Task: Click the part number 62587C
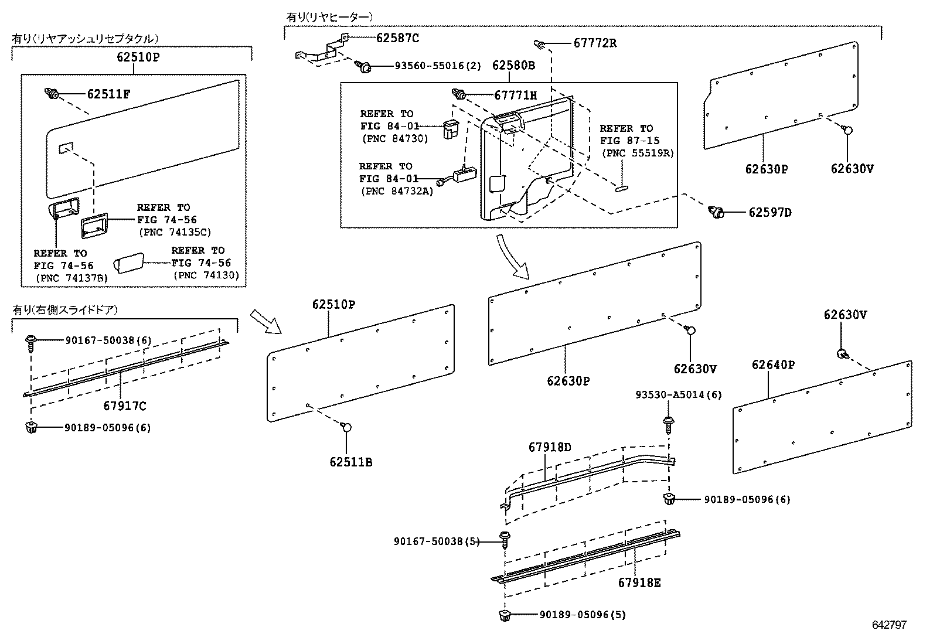tap(397, 38)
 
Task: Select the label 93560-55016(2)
tap(437, 67)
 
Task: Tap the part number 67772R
tap(595, 43)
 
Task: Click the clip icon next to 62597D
tap(716, 212)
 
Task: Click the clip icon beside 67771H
tap(458, 94)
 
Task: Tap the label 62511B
tap(350, 462)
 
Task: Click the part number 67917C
tap(125, 406)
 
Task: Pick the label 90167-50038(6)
tap(108, 340)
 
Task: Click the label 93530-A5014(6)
tap(679, 396)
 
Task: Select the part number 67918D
tap(549, 447)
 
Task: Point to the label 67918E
tap(639, 583)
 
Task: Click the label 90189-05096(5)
tap(583, 615)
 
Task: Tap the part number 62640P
tap(773, 365)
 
